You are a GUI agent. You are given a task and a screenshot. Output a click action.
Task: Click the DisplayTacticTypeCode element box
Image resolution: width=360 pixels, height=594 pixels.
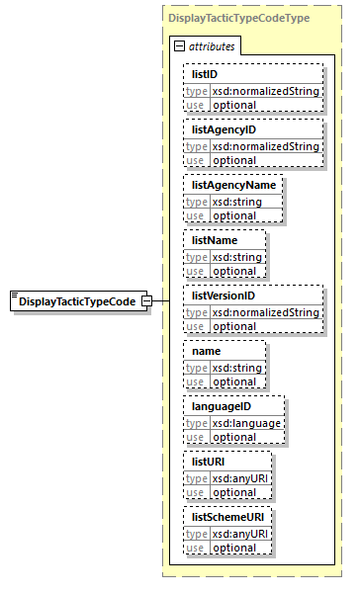click(x=77, y=300)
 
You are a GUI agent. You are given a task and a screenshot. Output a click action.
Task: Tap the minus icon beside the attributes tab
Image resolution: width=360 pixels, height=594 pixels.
click(x=178, y=46)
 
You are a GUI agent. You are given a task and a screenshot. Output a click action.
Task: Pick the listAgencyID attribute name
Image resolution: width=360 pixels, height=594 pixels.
click(x=224, y=128)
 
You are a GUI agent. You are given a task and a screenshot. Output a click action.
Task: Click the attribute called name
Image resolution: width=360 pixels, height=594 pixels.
click(x=207, y=350)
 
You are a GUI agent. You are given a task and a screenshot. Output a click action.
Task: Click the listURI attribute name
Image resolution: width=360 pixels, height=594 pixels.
click(x=210, y=461)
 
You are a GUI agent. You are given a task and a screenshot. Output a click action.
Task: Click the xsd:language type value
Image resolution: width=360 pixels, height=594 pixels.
click(x=244, y=423)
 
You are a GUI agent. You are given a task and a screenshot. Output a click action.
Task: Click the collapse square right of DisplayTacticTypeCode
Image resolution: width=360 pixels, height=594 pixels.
click(x=145, y=300)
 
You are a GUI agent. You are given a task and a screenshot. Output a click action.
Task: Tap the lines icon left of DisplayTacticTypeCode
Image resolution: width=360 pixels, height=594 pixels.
click(x=14, y=296)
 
